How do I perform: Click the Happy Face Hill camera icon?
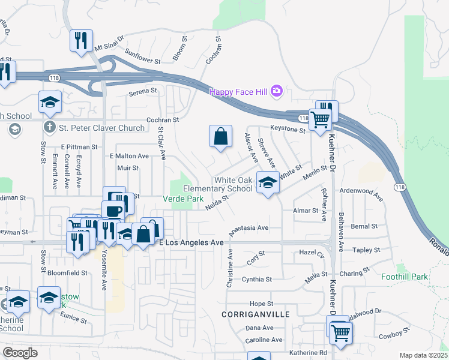pos(276,91)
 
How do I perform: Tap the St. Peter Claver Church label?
pos(101,127)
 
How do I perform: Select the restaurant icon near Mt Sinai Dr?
pos(80,41)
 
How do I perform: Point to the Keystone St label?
pos(288,129)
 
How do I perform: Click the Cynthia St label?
pos(257,280)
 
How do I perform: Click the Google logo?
pos(20,352)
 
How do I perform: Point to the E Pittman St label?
pos(79,146)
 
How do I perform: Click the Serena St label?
pos(143,92)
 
